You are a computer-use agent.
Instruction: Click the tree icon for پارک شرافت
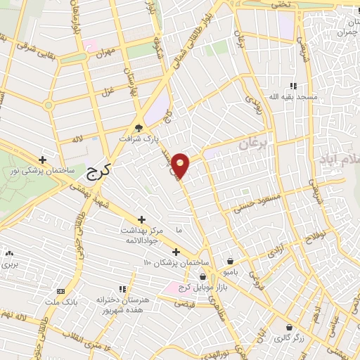(139, 128)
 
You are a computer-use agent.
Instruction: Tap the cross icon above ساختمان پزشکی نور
(43, 160)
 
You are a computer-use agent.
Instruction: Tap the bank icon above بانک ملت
(60, 290)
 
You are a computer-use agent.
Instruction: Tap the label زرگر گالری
(290, 338)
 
